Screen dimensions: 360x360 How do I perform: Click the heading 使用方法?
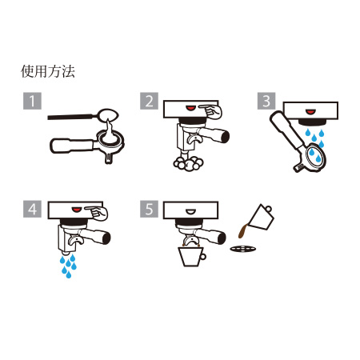48,71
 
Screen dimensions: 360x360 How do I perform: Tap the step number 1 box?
32,101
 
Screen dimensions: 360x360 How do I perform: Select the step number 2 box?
149,101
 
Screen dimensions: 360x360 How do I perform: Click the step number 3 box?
266,101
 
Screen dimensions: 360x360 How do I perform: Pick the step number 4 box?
32,209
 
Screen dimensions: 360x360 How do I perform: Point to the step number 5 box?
149,209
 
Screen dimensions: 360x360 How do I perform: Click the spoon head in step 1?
108,114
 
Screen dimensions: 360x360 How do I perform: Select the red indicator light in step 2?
190,108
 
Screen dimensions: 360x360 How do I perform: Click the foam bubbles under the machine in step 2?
188,163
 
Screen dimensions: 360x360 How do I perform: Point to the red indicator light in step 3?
310,111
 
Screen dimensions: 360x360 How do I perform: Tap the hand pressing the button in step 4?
98,213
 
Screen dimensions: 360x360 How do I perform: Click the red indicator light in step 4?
76,210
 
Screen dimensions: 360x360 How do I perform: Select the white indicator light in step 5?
190,211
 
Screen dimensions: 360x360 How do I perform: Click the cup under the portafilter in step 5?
191,257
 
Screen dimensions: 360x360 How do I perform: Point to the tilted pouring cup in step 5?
262,218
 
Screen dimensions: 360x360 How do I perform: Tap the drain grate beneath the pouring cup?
243,249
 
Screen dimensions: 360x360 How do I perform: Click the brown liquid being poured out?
242,231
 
